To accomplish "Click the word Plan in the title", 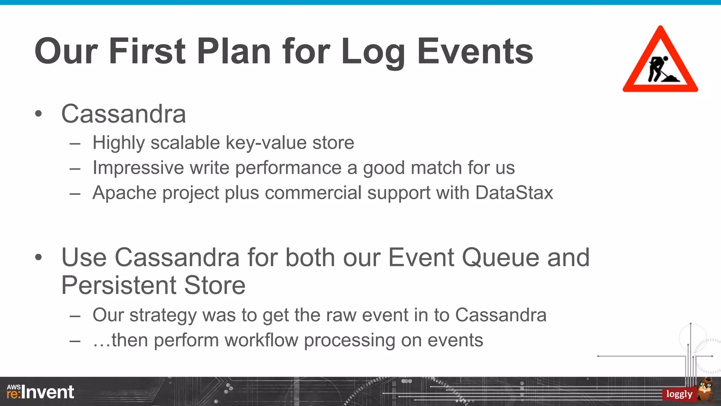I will point(234,51).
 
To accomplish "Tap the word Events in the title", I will point(475,51).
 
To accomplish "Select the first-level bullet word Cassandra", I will point(124,114).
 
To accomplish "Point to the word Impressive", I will point(138,168).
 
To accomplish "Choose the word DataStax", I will point(514,193).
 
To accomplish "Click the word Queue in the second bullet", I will point(500,258).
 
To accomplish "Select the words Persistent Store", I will point(153,285).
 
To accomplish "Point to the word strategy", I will point(163,315).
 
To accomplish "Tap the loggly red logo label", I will point(679,394).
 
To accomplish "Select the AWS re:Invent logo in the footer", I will point(40,392).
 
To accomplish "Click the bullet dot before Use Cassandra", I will point(39,258).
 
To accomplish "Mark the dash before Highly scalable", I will point(75,143).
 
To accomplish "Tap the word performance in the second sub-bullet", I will point(288,168).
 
